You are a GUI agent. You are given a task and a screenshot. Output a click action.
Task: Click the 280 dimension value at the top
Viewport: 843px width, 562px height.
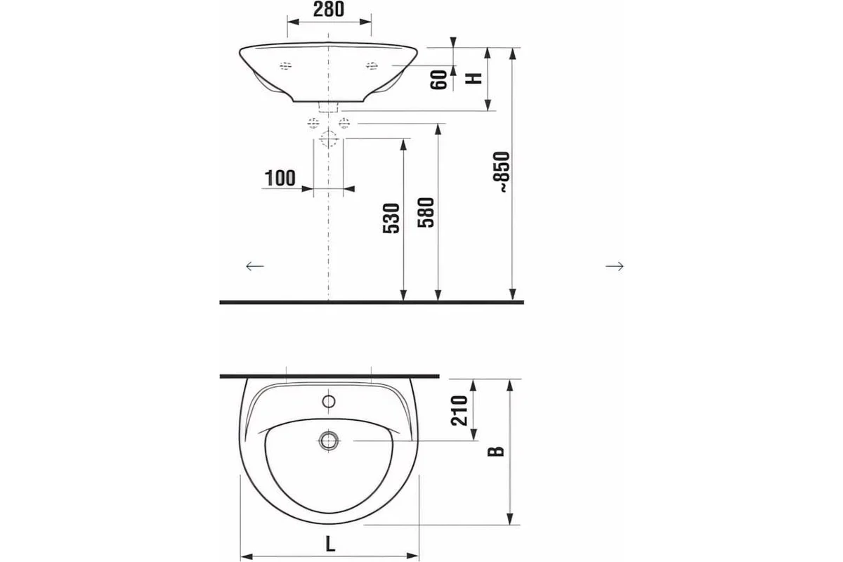click(x=329, y=9)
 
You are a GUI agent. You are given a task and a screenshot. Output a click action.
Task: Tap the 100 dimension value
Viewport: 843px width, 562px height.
click(x=280, y=178)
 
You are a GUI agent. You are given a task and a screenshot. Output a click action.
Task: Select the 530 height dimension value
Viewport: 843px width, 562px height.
click(x=391, y=218)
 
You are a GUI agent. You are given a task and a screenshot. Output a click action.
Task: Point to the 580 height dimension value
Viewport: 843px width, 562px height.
click(x=426, y=212)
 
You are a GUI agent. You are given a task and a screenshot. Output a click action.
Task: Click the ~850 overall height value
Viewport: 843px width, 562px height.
click(x=504, y=172)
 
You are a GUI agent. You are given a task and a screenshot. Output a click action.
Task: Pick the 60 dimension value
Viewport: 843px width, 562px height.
click(x=438, y=80)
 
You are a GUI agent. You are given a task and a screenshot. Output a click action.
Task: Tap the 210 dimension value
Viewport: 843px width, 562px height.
click(x=459, y=411)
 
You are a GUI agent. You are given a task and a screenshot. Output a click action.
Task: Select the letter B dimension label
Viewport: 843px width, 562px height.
click(x=496, y=451)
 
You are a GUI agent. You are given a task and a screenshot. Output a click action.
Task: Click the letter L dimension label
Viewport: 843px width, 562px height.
click(x=330, y=544)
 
